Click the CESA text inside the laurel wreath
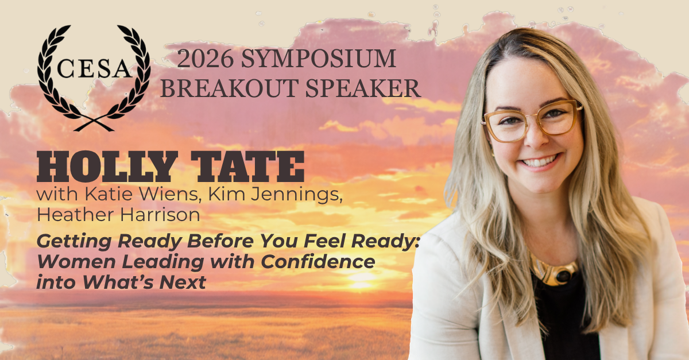tap(94, 68)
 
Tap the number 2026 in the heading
tap(205, 59)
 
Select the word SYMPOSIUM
tap(318, 59)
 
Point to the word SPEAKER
tap(363, 88)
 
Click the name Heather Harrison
tap(118, 215)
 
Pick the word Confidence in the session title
tap(318, 262)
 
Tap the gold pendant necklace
tap(555, 272)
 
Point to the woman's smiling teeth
tap(540, 161)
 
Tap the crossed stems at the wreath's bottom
tap(94, 123)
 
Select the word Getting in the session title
tap(74, 242)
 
